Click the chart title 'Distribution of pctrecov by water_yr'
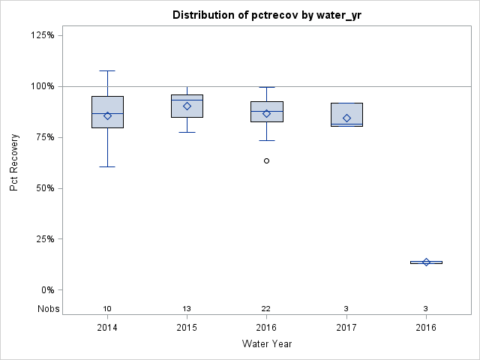pos(267,15)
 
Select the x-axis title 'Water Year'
pos(267,343)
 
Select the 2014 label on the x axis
pos(107,328)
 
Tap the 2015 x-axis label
pos(187,328)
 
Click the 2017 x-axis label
pos(346,328)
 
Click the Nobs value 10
pos(107,309)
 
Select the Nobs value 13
pos(187,309)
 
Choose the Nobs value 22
pos(267,309)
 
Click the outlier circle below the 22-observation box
pos(266,160)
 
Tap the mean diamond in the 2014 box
pos(107,115)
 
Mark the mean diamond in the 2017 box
pos(346,118)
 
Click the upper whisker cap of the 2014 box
pos(107,70)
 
